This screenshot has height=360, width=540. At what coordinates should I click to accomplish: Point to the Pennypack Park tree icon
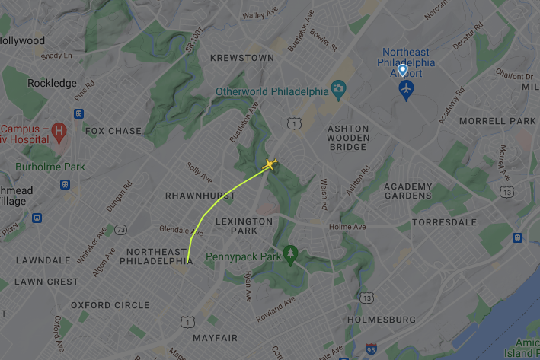coord(289,252)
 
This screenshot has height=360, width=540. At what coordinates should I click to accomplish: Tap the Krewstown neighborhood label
coord(241,58)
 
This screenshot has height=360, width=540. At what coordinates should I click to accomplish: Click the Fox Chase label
coord(113,131)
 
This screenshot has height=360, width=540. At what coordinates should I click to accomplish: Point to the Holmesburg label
coord(381,320)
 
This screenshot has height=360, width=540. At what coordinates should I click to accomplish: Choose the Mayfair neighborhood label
coord(215,337)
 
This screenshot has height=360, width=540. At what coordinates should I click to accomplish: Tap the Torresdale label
coord(444,222)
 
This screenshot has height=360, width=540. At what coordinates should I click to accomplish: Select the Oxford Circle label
coord(110,305)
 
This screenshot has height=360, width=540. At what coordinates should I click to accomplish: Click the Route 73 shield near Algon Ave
coord(121,229)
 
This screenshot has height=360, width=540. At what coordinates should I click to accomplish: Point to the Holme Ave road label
coord(347,227)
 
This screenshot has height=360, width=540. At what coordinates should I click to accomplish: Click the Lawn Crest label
coord(46,282)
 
